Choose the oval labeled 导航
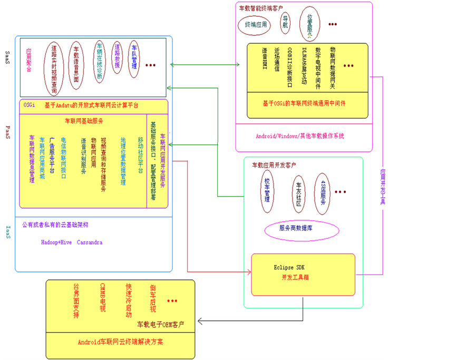(x=286, y=24)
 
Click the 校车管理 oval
(x=267, y=190)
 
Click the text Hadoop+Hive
(x=56, y=242)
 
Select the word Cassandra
(x=90, y=242)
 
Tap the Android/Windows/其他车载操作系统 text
(x=300, y=136)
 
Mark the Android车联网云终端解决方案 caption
(x=120, y=342)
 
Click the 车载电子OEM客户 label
(x=161, y=324)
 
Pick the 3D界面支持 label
(x=76, y=301)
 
